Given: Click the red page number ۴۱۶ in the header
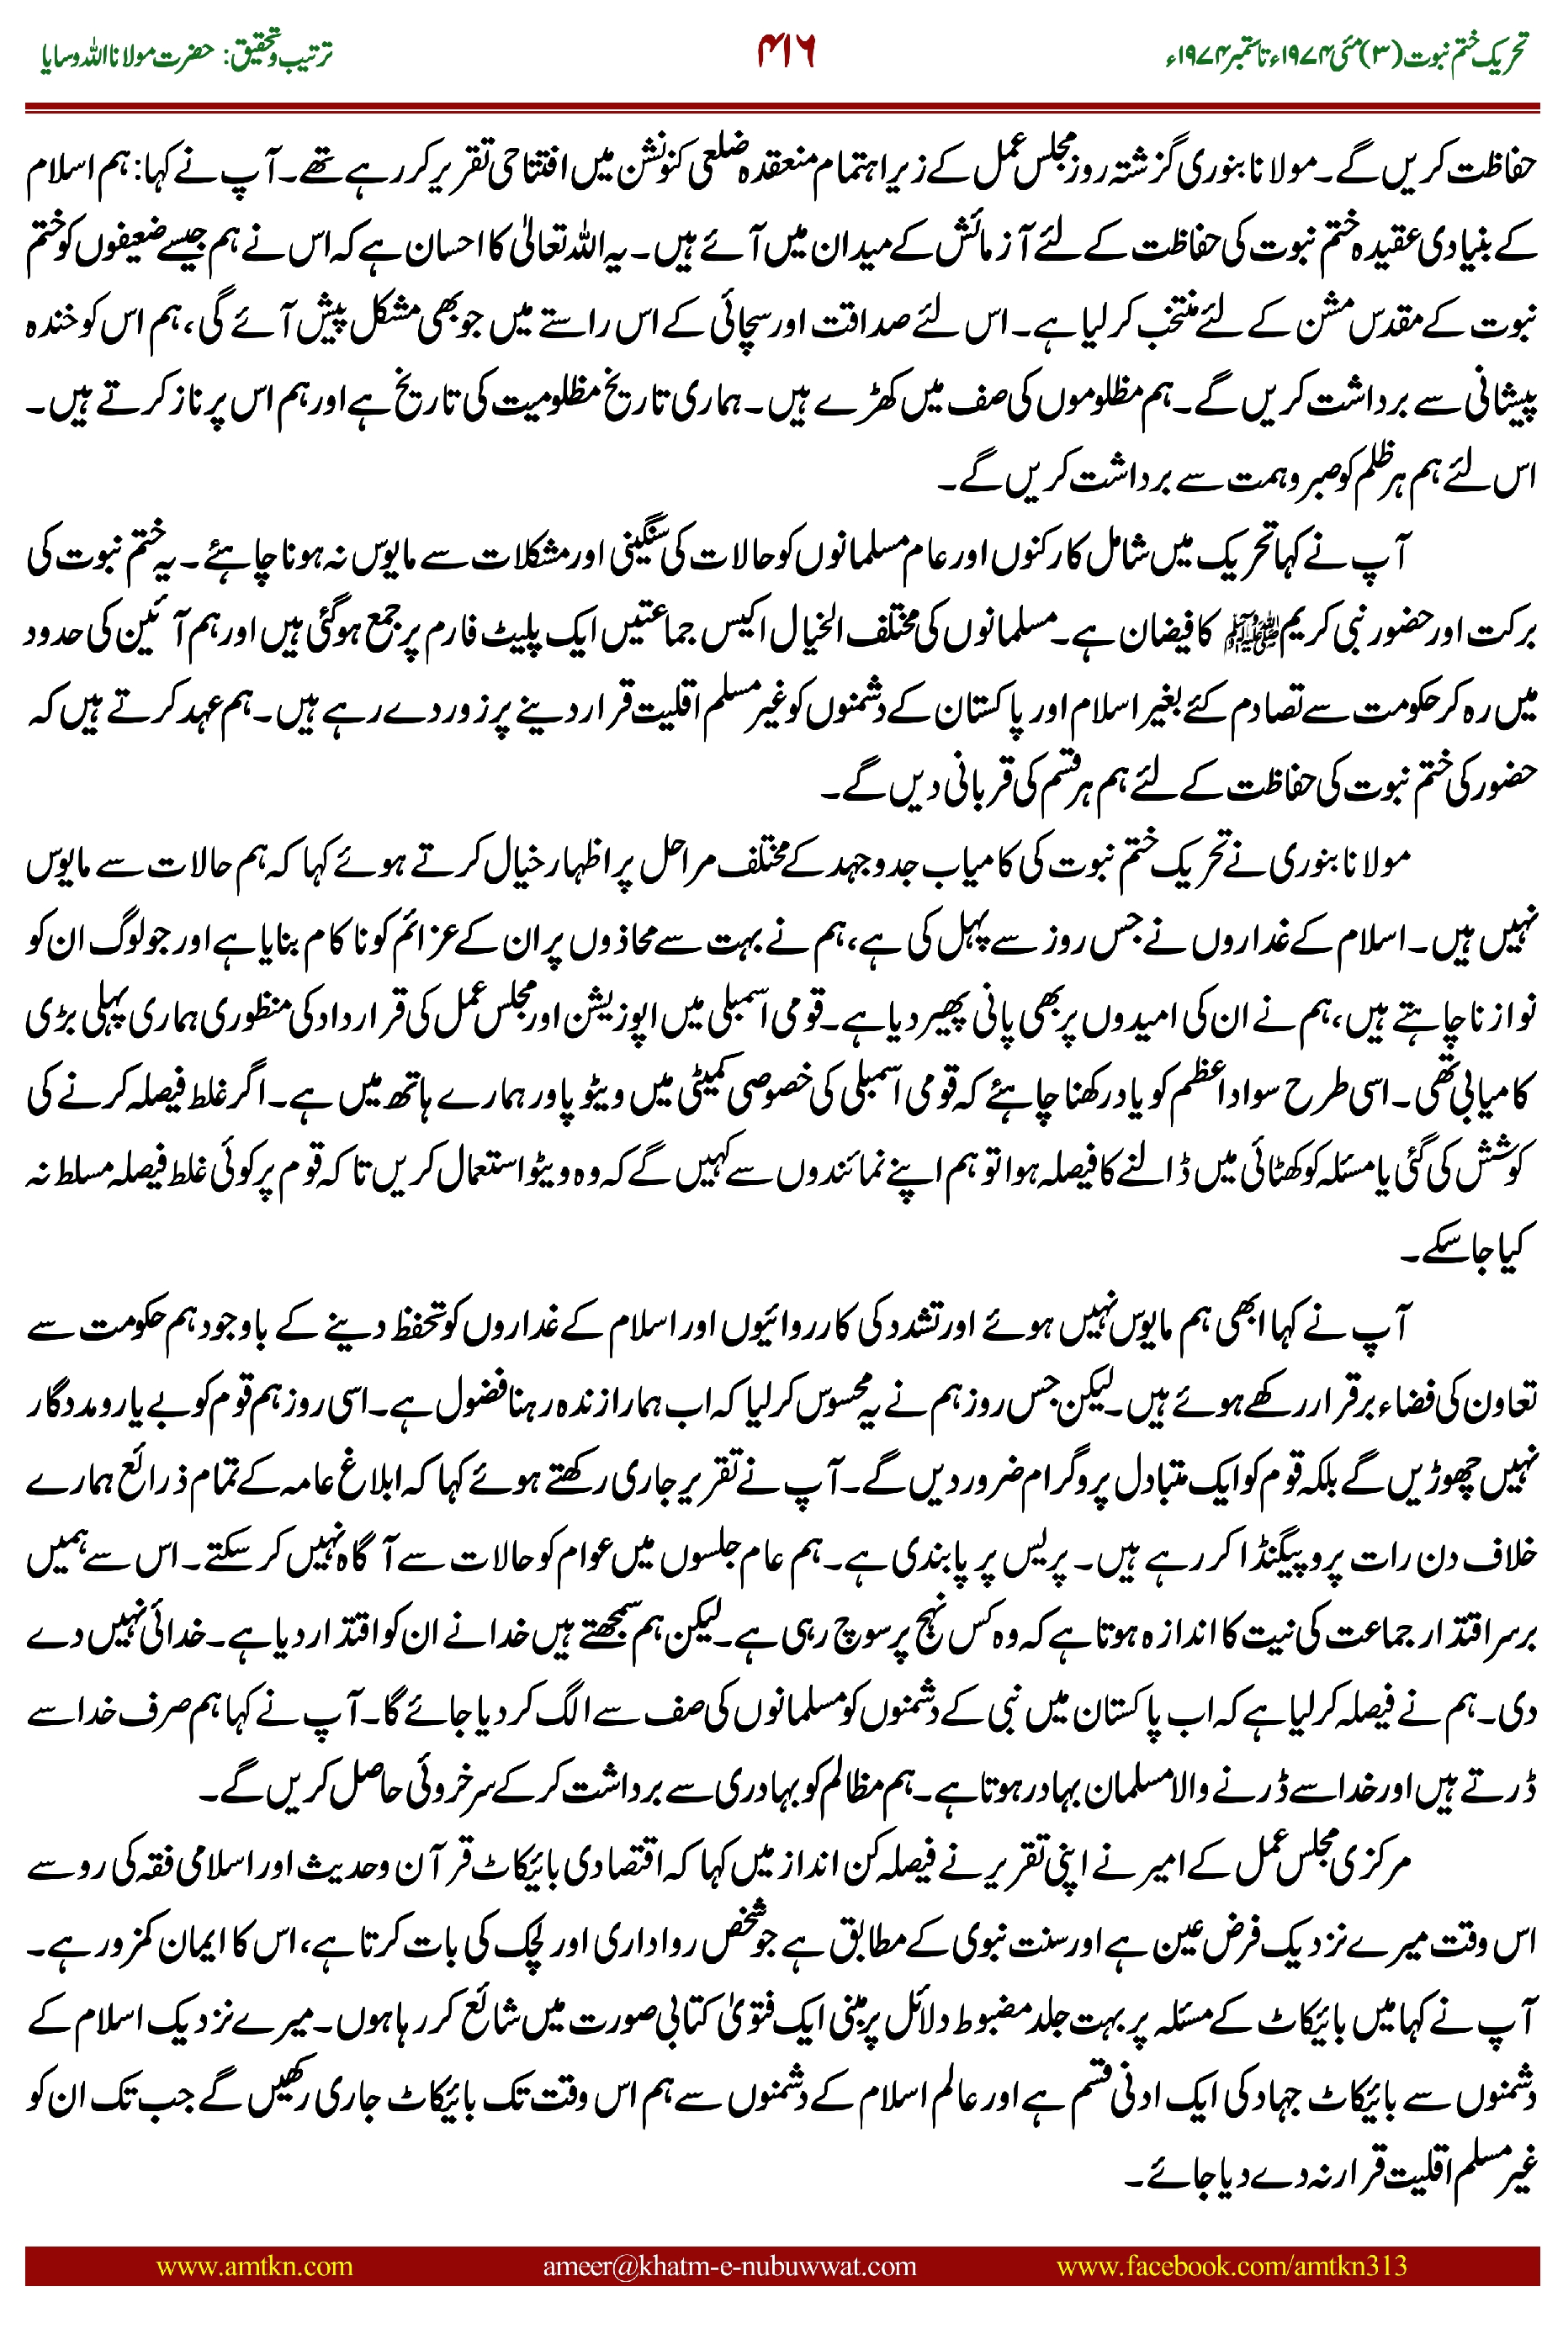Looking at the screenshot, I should pyautogui.click(x=787, y=52).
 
